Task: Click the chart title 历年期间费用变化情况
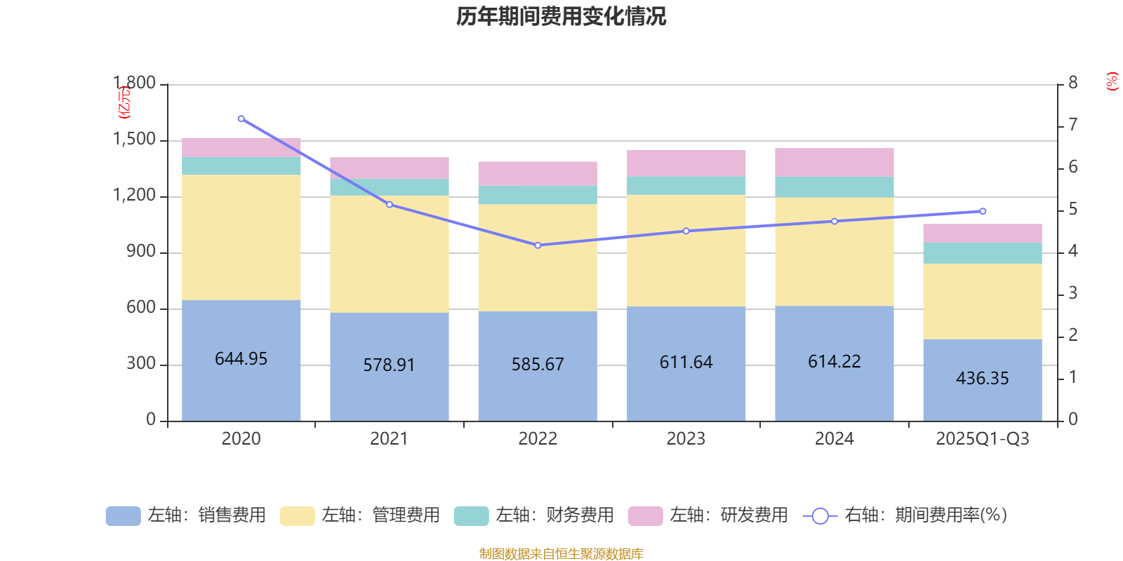pos(561,16)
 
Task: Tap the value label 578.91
pos(389,365)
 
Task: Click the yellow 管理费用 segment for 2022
pos(538,257)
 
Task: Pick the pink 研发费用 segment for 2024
pos(834,162)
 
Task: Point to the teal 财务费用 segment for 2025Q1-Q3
pos(982,253)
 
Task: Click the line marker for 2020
pos(241,119)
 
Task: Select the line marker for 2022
pos(538,245)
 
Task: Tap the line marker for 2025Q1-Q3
pos(983,211)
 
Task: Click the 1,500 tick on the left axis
pos(135,140)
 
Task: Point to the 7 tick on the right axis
pos(1072,125)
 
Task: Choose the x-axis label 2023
pos(686,439)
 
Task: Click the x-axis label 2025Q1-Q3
pos(982,439)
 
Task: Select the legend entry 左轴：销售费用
pos(186,515)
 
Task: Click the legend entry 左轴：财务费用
pos(534,515)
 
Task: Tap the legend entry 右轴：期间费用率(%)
pos(905,515)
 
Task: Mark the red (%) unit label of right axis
pos(1112,81)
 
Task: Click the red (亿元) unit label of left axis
pos(124,102)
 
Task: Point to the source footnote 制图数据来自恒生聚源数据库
pos(561,554)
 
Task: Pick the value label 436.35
pos(982,379)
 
